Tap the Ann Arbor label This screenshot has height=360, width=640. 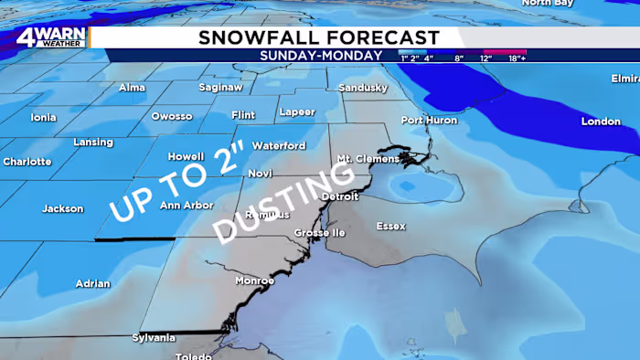(x=182, y=205)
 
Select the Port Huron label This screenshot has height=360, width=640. (x=426, y=121)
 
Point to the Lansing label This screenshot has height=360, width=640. (x=93, y=143)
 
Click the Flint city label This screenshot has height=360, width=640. (x=243, y=115)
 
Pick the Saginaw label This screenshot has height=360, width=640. (x=220, y=88)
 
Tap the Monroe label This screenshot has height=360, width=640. (x=253, y=281)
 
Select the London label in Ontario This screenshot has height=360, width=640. (x=601, y=122)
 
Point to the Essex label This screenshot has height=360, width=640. (x=390, y=226)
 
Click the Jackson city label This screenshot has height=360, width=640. (x=63, y=209)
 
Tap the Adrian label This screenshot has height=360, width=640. (x=92, y=283)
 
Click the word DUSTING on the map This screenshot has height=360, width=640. (x=270, y=207)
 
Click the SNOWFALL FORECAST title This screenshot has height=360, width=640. (x=319, y=37)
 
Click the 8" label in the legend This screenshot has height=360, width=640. (x=458, y=58)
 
